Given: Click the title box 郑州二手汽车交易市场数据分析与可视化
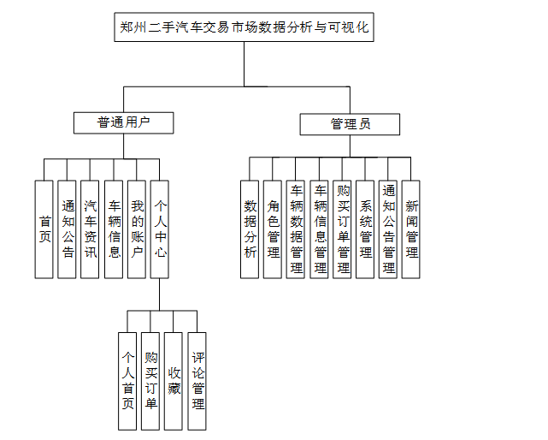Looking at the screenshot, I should (x=244, y=27).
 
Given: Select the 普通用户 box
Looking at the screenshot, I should (x=123, y=122).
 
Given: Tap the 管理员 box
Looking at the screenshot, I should (x=351, y=124).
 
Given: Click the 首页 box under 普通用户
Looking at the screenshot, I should (x=44, y=229).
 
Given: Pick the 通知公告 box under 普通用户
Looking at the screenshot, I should (x=68, y=229).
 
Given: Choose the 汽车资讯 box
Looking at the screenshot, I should (x=91, y=229).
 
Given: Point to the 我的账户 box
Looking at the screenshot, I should (x=137, y=229).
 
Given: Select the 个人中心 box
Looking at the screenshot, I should (x=160, y=229).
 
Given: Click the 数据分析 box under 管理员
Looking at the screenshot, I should (x=250, y=229).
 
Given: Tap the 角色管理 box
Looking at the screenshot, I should (x=273, y=229).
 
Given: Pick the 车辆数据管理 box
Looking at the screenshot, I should (x=296, y=229).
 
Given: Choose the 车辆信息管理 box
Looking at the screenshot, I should (x=320, y=229).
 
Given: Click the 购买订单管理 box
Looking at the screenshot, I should (x=343, y=229).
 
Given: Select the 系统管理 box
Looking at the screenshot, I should (x=365, y=229).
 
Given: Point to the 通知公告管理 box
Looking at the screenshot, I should (x=388, y=229).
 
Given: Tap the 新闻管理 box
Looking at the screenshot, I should (x=411, y=229).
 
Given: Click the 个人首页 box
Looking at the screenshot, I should (x=128, y=379).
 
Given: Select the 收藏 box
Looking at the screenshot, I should (x=174, y=379).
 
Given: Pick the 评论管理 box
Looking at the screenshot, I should (x=197, y=379).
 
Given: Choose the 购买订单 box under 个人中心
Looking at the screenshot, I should (x=151, y=379).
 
